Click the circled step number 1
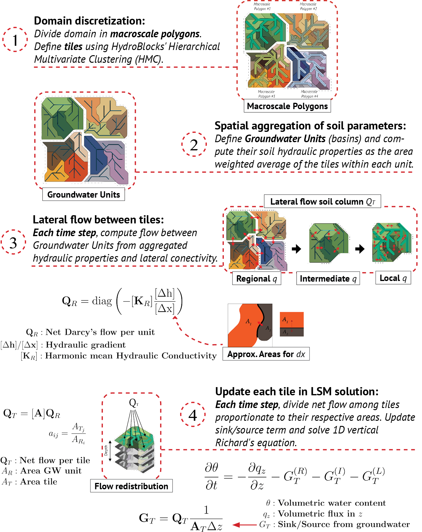click(x=15, y=40)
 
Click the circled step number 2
click(x=194, y=144)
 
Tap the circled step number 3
click(x=13, y=242)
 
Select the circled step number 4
click(x=193, y=415)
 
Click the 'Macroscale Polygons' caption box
click(x=287, y=106)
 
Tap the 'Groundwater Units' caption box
click(x=83, y=195)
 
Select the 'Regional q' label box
click(x=256, y=279)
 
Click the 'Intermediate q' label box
click(x=328, y=279)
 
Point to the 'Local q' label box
click(x=393, y=278)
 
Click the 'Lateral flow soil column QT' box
click(x=322, y=202)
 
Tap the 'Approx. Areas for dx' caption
click(x=266, y=354)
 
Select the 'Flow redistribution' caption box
click(x=131, y=486)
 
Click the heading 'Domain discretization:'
click(x=89, y=21)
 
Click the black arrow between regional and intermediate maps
click(x=296, y=249)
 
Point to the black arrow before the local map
click(x=360, y=249)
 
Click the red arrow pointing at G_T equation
click(x=245, y=524)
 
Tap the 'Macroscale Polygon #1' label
click(x=262, y=6)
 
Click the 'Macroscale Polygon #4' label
click(x=309, y=94)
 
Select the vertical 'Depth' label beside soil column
click(x=106, y=450)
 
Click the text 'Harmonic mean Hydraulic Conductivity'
click(x=131, y=356)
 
